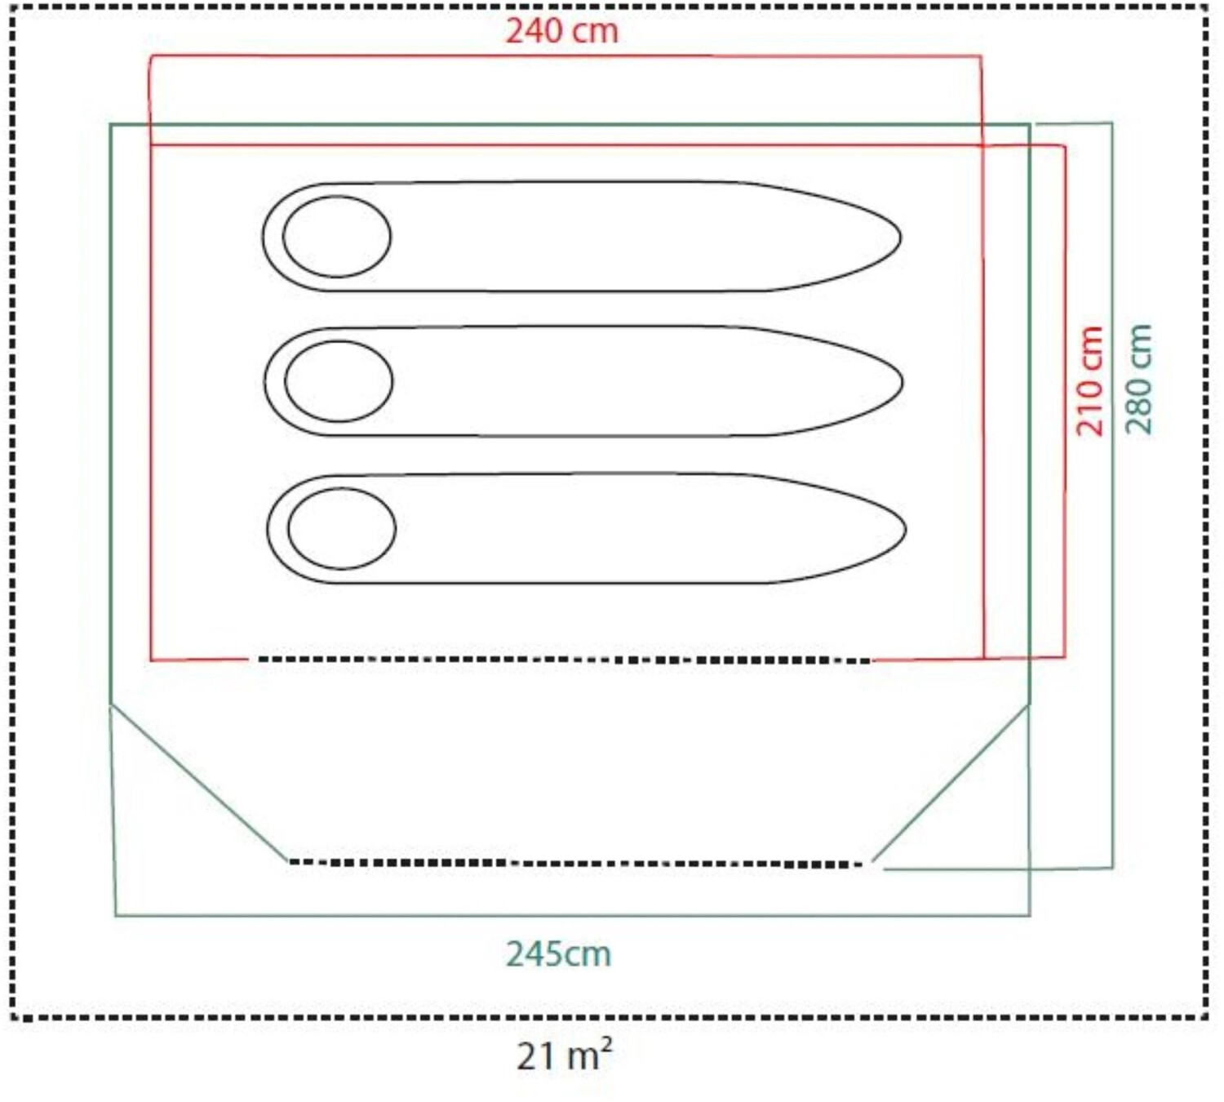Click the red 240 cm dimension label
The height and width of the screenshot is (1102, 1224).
[x=562, y=31]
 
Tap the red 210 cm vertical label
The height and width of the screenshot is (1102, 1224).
[x=1090, y=381]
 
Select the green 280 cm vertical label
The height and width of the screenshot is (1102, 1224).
[x=1138, y=380]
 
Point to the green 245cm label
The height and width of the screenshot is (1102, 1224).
[x=558, y=954]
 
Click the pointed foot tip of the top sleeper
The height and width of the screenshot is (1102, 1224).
[x=901, y=238]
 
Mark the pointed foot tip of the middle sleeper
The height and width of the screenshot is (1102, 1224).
[x=902, y=383]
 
